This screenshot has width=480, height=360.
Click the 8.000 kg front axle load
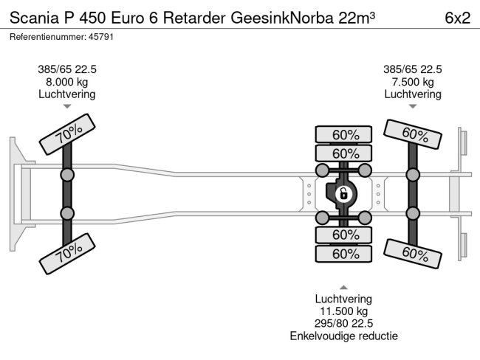click(67, 81)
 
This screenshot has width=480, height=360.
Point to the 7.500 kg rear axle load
click(413, 81)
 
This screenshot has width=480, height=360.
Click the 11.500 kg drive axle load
click(344, 311)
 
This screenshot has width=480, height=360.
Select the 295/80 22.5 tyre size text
click(344, 323)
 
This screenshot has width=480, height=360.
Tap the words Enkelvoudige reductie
click(344, 336)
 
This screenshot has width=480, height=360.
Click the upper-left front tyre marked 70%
click(72, 134)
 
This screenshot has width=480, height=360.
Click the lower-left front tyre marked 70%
click(72, 255)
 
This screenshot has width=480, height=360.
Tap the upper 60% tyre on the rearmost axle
click(415, 134)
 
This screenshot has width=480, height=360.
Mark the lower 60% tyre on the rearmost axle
click(415, 254)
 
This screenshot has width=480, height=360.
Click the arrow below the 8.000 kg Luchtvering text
click(67, 107)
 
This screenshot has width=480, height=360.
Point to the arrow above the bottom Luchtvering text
click(344, 287)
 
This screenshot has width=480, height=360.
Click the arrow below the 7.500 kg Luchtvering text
click(413, 107)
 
